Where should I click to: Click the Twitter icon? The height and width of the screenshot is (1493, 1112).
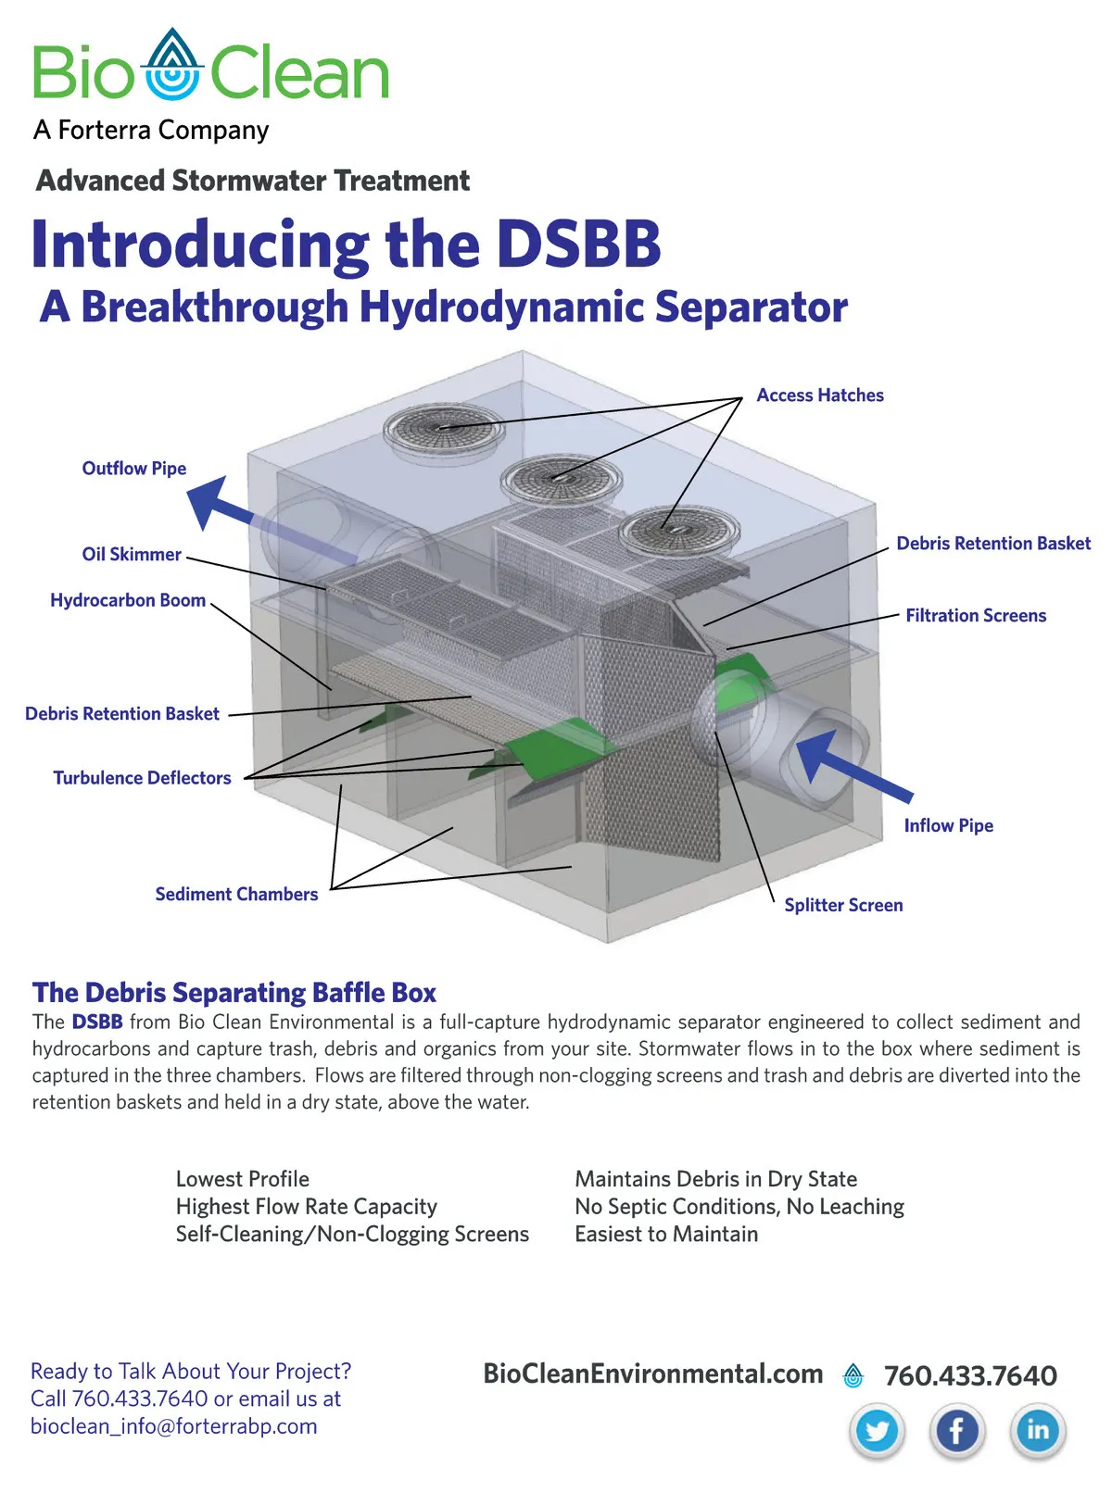click(x=877, y=1430)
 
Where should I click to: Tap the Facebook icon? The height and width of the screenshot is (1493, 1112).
click(x=957, y=1430)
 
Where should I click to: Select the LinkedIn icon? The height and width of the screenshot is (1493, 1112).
click(x=1038, y=1430)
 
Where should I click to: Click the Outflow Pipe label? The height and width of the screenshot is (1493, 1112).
click(x=134, y=469)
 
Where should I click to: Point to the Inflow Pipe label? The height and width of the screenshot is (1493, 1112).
click(x=948, y=826)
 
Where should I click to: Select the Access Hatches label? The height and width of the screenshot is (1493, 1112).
click(x=820, y=395)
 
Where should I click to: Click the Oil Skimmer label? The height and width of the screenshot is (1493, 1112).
click(x=132, y=555)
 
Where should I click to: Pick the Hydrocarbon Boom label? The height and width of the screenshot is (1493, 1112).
click(x=128, y=600)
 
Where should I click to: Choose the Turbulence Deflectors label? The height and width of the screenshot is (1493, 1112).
click(x=142, y=778)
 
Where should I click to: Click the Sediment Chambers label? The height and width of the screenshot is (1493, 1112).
click(x=236, y=895)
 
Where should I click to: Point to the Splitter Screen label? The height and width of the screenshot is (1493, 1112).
click(x=843, y=906)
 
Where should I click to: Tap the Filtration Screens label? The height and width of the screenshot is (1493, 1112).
click(x=976, y=616)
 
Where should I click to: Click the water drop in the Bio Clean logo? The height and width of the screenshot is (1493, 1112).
click(x=174, y=65)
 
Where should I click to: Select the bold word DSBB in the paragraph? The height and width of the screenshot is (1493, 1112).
click(x=97, y=1022)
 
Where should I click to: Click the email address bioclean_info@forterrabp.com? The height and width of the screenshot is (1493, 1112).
click(x=174, y=1425)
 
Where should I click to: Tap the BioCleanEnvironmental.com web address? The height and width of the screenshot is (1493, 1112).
click(x=652, y=1374)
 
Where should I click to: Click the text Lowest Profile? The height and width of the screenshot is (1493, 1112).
click(x=243, y=1179)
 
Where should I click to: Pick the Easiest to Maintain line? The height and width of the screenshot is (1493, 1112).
click(x=666, y=1234)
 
